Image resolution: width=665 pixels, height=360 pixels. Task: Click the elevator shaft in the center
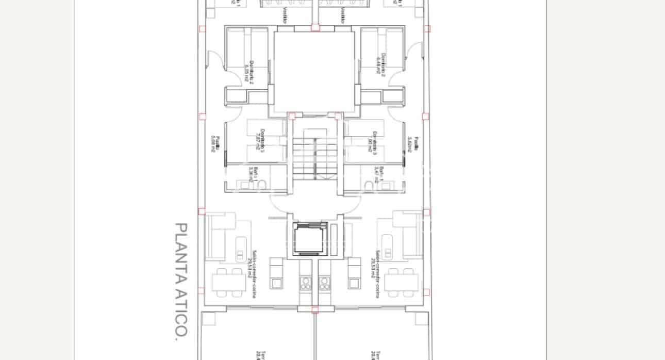[x=310, y=239]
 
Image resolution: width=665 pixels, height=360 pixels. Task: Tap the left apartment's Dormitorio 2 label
[x=250, y=71]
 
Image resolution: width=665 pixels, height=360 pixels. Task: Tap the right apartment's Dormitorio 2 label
[x=380, y=65]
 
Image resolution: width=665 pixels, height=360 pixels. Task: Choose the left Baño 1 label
[x=253, y=174]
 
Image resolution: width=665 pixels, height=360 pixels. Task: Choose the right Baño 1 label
[x=379, y=174]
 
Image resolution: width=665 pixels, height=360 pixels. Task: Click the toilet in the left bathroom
[x=261, y=185]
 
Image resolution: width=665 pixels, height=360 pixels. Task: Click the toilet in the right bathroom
[x=369, y=185]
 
